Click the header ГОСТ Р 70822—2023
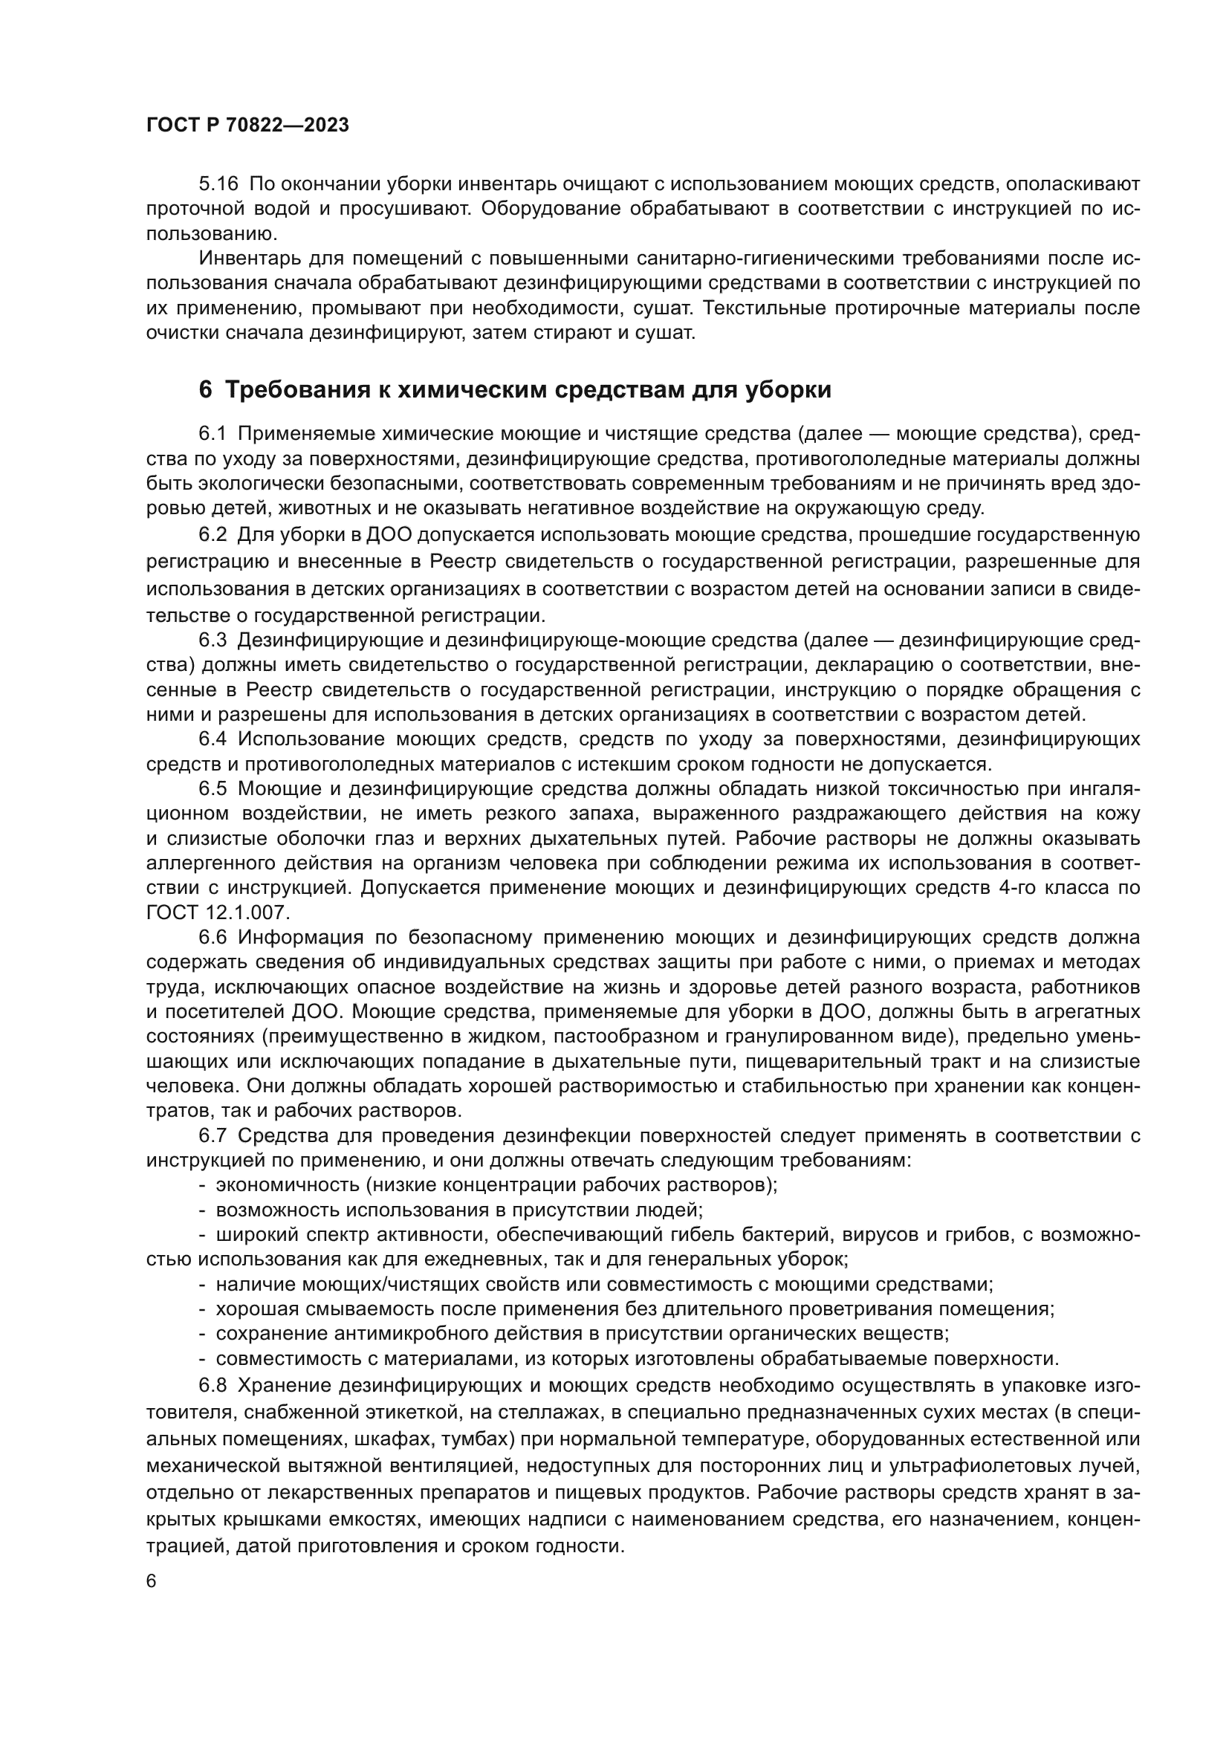(x=247, y=126)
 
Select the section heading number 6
(x=205, y=390)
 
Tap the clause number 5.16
(x=218, y=184)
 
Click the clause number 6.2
(x=213, y=534)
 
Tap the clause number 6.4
(x=213, y=739)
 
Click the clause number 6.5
(x=213, y=789)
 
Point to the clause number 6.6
(x=213, y=938)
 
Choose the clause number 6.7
(x=213, y=1135)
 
